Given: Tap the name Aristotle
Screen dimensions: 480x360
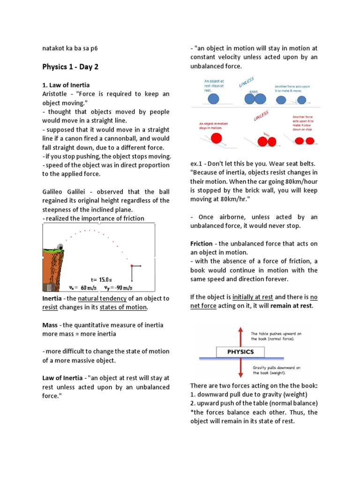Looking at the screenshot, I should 56,94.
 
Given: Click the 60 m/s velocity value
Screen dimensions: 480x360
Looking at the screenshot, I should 88,288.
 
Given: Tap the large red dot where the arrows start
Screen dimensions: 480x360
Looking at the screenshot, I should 132,266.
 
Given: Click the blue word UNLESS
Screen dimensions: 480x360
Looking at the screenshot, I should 247,83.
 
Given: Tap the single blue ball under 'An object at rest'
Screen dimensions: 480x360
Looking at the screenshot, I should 213,99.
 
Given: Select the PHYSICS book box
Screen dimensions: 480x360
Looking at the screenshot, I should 240,352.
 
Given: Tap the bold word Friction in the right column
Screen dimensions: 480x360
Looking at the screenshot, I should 201,244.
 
